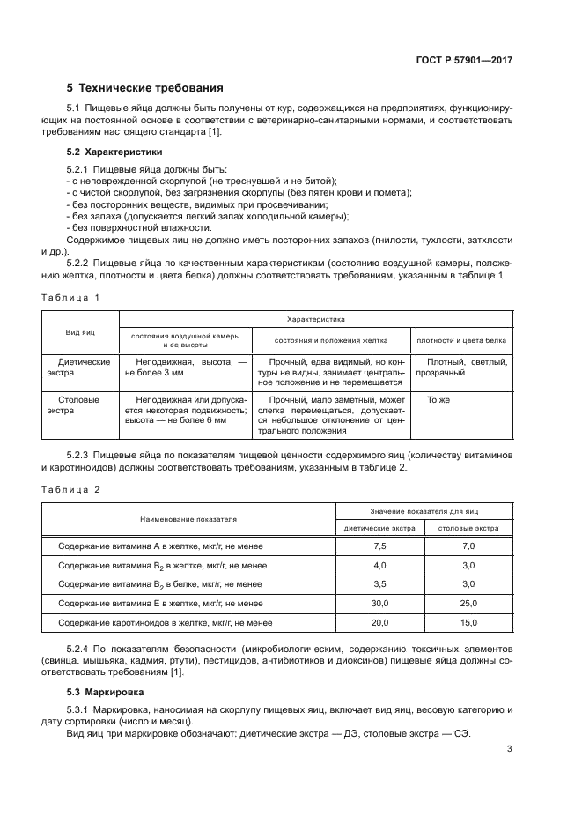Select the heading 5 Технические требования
click(x=144, y=88)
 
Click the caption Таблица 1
click(x=71, y=297)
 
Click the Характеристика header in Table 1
click(x=314, y=319)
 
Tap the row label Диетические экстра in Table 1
click(x=84, y=367)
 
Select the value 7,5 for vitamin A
click(x=379, y=546)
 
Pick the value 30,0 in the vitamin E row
click(x=379, y=603)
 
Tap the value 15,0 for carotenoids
click(x=468, y=622)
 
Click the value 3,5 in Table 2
click(x=379, y=584)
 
